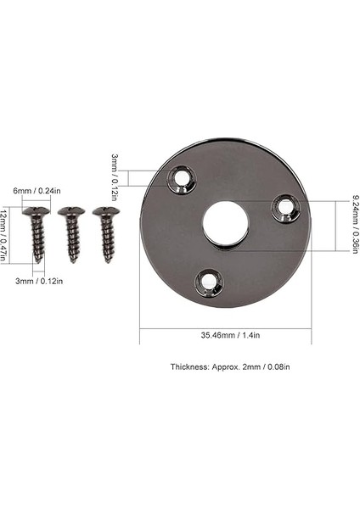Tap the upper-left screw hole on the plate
[180, 177]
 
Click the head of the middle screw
[70, 211]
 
